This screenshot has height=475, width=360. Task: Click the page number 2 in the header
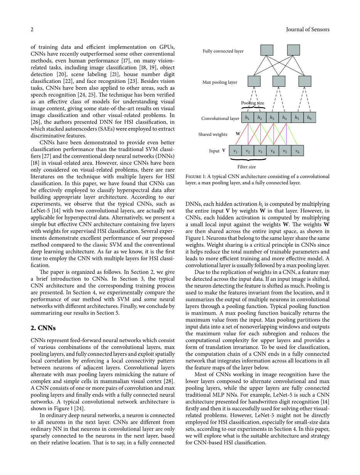point(32,30)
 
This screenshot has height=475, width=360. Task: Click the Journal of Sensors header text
point(308,30)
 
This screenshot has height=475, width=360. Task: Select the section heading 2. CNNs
point(43,328)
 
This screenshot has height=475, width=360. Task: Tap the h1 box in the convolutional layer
point(247,118)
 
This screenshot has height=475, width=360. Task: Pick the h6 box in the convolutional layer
point(309,118)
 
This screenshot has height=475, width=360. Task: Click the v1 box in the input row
point(235,151)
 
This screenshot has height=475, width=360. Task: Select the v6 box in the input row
point(297,151)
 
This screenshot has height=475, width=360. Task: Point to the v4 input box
point(272,151)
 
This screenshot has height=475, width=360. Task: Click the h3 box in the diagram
point(272,118)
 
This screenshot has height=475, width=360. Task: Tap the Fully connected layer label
point(223,51)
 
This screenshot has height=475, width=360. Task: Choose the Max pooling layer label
point(220,83)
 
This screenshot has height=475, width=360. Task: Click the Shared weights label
point(213,135)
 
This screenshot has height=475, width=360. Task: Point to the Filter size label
point(246,167)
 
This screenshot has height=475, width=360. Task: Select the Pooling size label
point(252,103)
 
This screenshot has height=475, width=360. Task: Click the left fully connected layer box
point(267,50)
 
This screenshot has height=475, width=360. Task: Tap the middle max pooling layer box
point(279,81)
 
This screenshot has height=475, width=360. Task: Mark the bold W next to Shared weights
point(238,134)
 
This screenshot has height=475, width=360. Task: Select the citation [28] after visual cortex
point(169,381)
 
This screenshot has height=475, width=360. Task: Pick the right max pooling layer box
point(305,81)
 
